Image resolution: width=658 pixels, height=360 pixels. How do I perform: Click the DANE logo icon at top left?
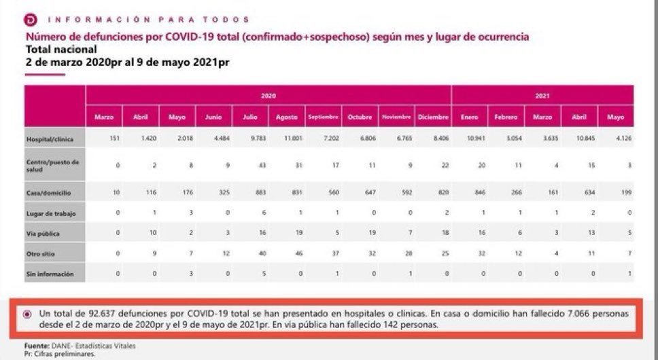(x=31, y=20)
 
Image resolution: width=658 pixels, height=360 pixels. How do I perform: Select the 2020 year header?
(x=269, y=96)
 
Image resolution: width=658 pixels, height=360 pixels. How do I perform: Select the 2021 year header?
(x=542, y=96)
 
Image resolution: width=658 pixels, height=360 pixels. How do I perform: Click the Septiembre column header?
(x=323, y=117)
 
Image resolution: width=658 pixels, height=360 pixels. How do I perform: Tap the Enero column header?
(x=470, y=117)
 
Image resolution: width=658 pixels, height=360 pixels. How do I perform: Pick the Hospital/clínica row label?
(x=49, y=139)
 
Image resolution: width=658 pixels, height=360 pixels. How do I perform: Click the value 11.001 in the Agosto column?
(x=287, y=139)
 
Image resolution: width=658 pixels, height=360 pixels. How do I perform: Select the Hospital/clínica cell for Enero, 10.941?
(x=470, y=139)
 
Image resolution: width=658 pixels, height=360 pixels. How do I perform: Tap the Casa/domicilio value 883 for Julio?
(x=250, y=193)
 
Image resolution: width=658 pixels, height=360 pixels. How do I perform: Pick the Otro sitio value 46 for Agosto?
(x=287, y=253)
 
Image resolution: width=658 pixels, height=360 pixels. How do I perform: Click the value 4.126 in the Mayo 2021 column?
(x=615, y=139)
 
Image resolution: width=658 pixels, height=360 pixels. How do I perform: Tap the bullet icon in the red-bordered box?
(x=27, y=314)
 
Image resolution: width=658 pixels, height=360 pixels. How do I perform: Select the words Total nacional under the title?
(x=61, y=49)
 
